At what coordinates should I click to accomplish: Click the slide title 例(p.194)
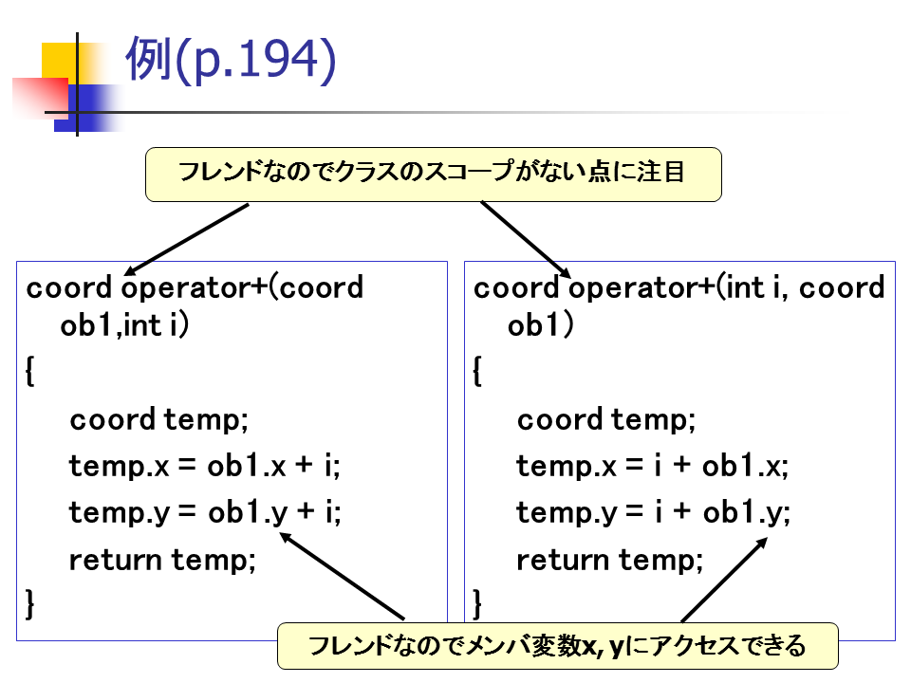[x=231, y=62]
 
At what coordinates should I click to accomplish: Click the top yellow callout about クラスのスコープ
[x=433, y=174]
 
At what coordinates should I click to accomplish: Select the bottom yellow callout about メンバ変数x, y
[x=557, y=647]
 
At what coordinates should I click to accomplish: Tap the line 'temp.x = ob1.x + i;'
[x=204, y=466]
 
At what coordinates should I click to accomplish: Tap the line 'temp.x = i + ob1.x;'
[x=652, y=466]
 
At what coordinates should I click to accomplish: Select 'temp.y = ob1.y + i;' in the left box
[x=204, y=512]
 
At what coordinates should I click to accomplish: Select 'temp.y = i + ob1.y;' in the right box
[x=653, y=512]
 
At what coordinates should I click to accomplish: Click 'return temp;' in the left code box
[x=162, y=560]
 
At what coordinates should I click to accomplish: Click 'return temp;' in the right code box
[x=609, y=560]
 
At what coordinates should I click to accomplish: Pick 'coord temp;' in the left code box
[x=158, y=419]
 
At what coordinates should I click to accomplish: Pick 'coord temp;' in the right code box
[x=606, y=419]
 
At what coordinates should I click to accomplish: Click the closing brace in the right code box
[x=478, y=602]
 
